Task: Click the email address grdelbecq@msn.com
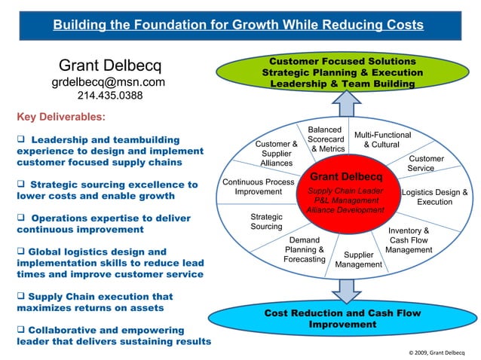pyautogui.click(x=109, y=82)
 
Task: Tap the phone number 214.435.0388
pyautogui.click(x=110, y=96)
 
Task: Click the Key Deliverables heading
pyautogui.click(x=61, y=117)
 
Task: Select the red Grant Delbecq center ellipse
pyautogui.click(x=346, y=193)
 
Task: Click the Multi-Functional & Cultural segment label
pyautogui.click(x=381, y=139)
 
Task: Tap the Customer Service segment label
pyautogui.click(x=426, y=163)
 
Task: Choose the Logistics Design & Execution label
pyautogui.click(x=435, y=197)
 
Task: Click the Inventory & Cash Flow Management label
pyautogui.click(x=409, y=240)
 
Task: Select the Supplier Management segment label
pyautogui.click(x=359, y=260)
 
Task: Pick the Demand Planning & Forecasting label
pyautogui.click(x=305, y=250)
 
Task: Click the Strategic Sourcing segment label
pyautogui.click(x=266, y=222)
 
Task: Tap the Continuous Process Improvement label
pyautogui.click(x=259, y=187)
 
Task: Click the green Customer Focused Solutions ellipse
pyautogui.click(x=342, y=72)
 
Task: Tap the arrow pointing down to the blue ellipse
pyautogui.click(x=345, y=287)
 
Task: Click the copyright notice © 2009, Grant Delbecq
pyautogui.click(x=437, y=352)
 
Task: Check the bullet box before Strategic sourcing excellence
pyautogui.click(x=21, y=185)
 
